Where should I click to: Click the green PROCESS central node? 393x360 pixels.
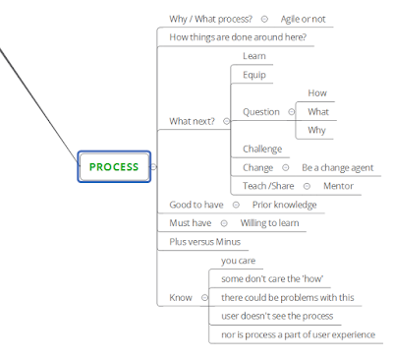[114, 166]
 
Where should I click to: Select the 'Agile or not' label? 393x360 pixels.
[303, 19]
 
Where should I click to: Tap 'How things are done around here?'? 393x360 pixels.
[238, 37]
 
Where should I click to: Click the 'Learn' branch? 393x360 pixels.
[254, 56]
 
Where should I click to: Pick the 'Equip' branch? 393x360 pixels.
[254, 75]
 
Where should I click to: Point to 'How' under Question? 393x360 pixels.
[317, 93]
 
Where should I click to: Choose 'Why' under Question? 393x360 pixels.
[316, 130]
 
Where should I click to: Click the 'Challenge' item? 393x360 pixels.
[262, 150]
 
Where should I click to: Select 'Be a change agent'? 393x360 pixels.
[337, 167]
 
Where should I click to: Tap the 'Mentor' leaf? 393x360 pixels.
[338, 186]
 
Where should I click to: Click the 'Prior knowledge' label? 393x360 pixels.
[284, 205]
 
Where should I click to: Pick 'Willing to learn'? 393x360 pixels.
[269, 223]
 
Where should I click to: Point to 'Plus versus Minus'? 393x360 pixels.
[204, 242]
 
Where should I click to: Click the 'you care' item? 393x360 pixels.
[238, 261]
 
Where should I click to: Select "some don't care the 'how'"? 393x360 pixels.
[272, 279]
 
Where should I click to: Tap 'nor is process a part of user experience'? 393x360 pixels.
[298, 334]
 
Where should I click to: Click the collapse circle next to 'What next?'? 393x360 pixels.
[226, 121]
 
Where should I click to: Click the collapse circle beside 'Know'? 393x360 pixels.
[204, 298]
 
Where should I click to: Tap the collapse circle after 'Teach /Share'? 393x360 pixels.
[307, 186]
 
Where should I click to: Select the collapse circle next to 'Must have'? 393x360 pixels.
[224, 223]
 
